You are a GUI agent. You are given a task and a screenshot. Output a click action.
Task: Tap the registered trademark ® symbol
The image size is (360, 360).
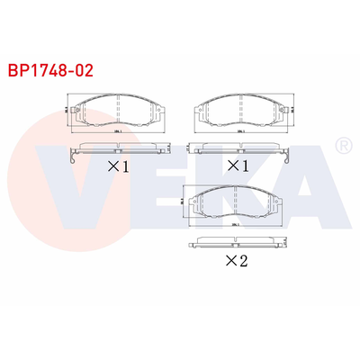click(x=342, y=145)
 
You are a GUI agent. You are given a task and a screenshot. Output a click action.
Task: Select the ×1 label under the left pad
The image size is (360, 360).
click(x=120, y=166)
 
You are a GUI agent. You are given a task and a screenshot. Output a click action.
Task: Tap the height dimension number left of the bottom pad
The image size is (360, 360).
click(x=183, y=203)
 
